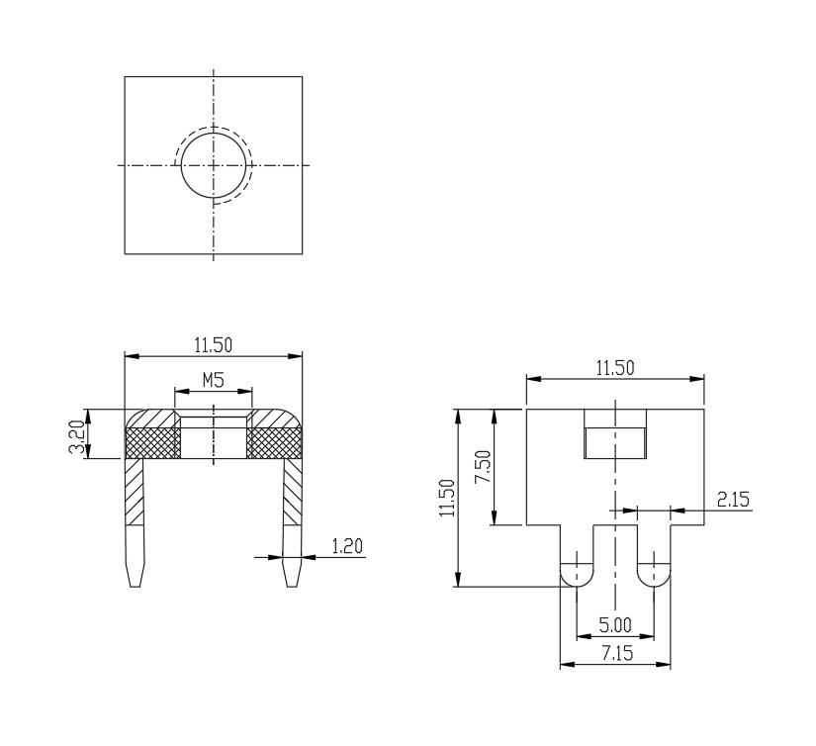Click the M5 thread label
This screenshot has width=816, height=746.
click(x=214, y=380)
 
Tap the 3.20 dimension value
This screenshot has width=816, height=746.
click(x=77, y=436)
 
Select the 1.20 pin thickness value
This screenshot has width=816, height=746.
click(x=347, y=546)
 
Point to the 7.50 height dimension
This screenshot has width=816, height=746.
click(x=483, y=466)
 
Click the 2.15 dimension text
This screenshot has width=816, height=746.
click(x=733, y=500)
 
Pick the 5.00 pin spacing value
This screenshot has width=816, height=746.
click(x=615, y=624)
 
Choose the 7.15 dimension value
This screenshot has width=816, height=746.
click(x=617, y=653)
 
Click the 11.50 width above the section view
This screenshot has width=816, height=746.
click(x=214, y=345)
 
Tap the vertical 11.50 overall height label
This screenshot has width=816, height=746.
click(x=447, y=498)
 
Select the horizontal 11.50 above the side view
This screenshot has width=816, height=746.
click(x=615, y=368)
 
